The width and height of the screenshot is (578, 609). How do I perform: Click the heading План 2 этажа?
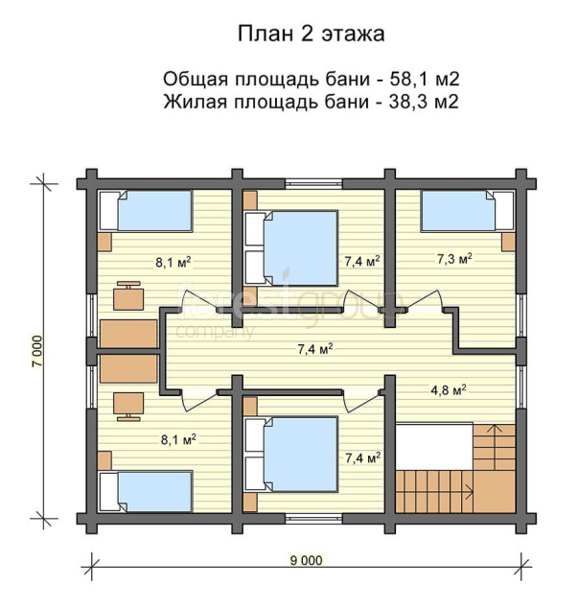[311, 34]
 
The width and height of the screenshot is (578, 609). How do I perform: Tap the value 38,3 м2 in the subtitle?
[424, 102]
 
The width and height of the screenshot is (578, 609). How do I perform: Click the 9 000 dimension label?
[307, 560]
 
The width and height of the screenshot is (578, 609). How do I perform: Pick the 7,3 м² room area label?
[454, 259]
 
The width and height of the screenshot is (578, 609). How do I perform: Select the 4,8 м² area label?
[449, 390]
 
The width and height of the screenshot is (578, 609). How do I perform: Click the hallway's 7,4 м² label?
[315, 349]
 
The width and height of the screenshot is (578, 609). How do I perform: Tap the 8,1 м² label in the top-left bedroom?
[173, 263]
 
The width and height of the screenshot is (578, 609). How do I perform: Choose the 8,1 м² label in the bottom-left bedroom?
[178, 439]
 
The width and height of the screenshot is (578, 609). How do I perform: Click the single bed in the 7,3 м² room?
[468, 210]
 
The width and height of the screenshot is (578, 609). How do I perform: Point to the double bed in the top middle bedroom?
[291, 248]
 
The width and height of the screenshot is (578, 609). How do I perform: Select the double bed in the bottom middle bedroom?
[291, 455]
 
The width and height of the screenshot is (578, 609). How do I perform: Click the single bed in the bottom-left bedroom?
[146, 491]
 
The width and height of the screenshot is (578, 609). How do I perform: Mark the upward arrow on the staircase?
[495, 447]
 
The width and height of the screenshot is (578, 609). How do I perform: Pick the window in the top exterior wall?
[313, 183]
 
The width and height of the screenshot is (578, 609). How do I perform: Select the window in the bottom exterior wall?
[313, 519]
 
